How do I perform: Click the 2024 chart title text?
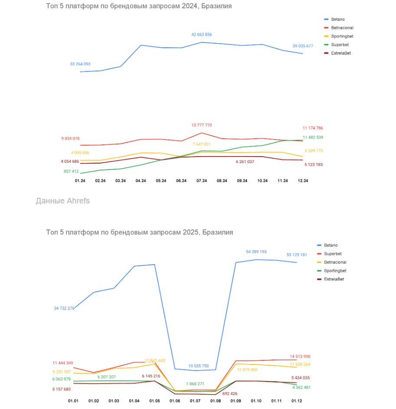tap(139, 7)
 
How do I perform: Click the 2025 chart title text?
tap(139, 232)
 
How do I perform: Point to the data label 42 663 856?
tap(202, 35)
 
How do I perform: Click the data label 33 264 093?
tap(80, 64)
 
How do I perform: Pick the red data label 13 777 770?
tap(202, 125)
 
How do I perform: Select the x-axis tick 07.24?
tap(202, 181)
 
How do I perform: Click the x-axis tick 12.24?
tap(303, 181)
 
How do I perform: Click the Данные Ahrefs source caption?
tap(62, 201)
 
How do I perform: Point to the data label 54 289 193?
tap(256, 252)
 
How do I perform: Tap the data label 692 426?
tap(230, 394)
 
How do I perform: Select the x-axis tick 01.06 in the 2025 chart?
tap(175, 402)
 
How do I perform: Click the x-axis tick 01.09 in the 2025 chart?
tap(236, 402)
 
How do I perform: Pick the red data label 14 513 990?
tap(300, 357)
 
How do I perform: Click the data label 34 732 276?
tap(64, 308)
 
